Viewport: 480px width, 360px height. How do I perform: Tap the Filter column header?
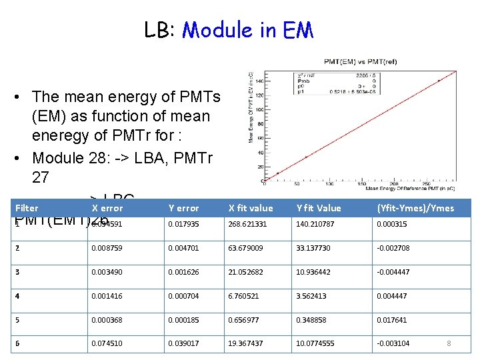click(27, 208)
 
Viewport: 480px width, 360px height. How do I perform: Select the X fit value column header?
click(251, 208)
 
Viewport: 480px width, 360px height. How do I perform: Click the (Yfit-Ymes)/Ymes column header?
click(415, 208)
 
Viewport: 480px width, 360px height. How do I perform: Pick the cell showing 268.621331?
click(247, 224)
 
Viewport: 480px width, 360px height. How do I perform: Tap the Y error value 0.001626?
click(183, 272)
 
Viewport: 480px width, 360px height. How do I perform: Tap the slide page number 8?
click(449, 343)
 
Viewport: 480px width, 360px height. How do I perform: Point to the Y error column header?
click(183, 208)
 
